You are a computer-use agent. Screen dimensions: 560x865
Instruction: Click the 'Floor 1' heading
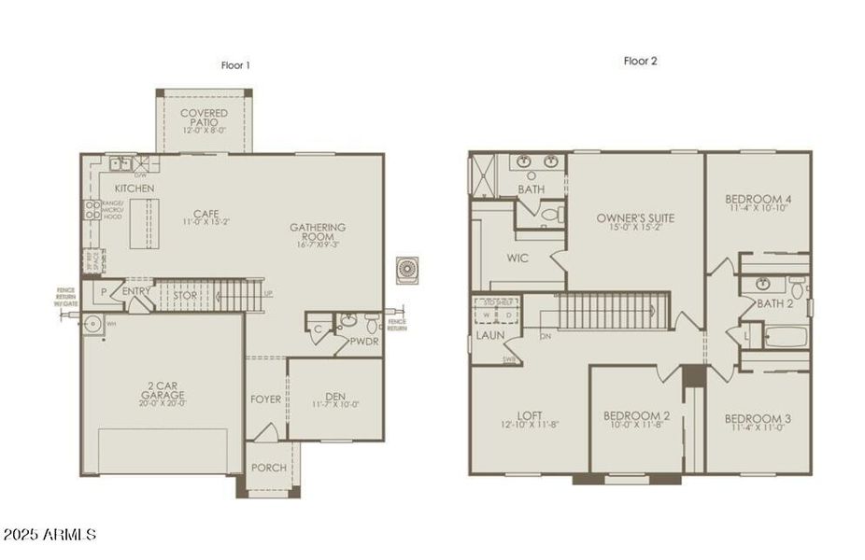[x=234, y=65]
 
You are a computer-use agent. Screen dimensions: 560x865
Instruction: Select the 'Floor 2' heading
[x=641, y=62]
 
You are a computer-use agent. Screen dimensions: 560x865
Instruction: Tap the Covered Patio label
[x=204, y=119]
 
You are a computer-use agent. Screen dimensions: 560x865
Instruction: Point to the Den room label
[x=335, y=395]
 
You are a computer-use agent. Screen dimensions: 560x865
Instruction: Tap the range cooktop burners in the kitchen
[x=92, y=210]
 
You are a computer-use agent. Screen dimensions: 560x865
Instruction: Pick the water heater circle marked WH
[x=92, y=325]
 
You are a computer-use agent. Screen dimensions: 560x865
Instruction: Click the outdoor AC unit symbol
[x=407, y=271]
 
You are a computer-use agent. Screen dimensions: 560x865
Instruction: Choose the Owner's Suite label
[x=635, y=218]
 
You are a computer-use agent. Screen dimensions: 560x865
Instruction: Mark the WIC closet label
[x=518, y=258]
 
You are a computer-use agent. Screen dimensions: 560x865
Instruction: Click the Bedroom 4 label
[x=759, y=203]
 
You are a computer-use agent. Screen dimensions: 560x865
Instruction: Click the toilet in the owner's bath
[x=551, y=214]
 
